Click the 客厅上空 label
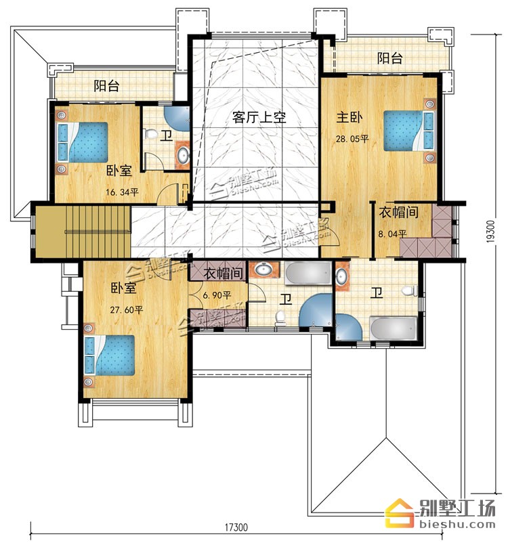click(x=259, y=117)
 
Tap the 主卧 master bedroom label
click(x=349, y=117)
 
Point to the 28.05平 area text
click(x=352, y=139)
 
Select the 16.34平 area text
click(x=122, y=192)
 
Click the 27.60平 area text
click(x=127, y=309)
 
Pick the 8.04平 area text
click(x=392, y=234)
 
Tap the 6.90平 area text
click(x=217, y=295)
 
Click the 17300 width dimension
click(x=236, y=527)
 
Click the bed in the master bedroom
click(x=410, y=131)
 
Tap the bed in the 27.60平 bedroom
click(x=110, y=355)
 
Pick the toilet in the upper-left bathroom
click(x=150, y=133)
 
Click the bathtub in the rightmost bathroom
click(x=394, y=328)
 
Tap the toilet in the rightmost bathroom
click(x=410, y=290)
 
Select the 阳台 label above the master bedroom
click(x=390, y=58)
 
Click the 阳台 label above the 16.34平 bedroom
click(x=106, y=85)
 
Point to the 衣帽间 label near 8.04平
click(x=398, y=212)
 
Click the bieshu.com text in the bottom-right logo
click(x=457, y=524)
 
